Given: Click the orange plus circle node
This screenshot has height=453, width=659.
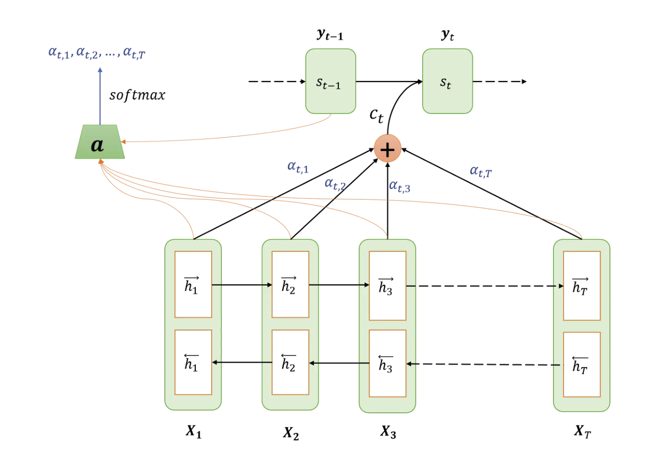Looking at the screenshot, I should coord(387,148).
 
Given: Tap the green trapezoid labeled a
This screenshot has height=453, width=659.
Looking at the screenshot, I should coord(100,142).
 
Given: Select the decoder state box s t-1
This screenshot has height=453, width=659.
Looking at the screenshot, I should coord(330,81).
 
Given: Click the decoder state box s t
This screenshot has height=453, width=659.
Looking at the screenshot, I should coord(447,81).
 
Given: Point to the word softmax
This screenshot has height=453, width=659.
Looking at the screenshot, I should coord(137,95).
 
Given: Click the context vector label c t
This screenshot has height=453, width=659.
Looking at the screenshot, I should coord(376,115).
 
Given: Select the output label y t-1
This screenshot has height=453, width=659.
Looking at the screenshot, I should coord(330,34).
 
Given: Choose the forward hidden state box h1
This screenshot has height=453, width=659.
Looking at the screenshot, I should coord(193,284).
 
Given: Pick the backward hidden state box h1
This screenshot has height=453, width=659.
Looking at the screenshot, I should coord(193,362).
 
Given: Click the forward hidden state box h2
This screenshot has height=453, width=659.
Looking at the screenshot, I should coord(290,284).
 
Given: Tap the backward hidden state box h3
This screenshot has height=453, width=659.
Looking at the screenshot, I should coord(387,363).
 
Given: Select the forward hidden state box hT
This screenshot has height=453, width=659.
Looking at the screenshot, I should coord(581,286).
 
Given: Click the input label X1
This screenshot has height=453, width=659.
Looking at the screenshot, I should coord(193,431).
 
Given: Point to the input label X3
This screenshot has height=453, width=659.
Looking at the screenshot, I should coord(388,432).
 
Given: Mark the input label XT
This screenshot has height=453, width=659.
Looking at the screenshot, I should coord(582,431).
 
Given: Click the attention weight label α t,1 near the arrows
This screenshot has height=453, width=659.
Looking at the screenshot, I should coord(298,167).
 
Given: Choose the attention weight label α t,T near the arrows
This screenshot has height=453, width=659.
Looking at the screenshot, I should coord(480,171).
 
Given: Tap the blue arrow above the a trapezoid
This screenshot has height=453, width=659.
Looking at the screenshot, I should coord(100,96).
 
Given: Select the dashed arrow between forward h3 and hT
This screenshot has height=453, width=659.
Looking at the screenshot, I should coord(484,286).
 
